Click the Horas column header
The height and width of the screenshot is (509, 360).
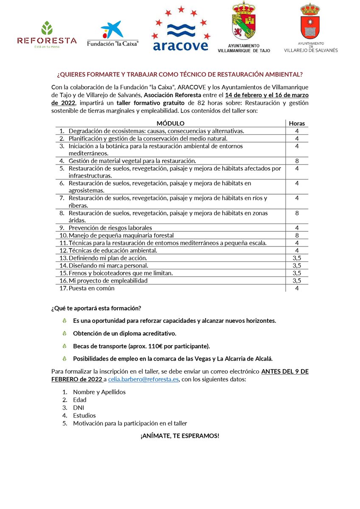pyautogui.click(x=297, y=123)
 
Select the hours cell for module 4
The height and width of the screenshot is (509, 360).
pyautogui.click(x=297, y=161)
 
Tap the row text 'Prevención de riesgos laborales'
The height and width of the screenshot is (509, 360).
pyautogui.click(x=110, y=228)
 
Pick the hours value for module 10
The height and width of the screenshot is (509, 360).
pyautogui.click(x=297, y=235)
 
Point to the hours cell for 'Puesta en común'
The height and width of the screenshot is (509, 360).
pyautogui.click(x=297, y=288)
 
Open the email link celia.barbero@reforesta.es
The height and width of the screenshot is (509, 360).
pyautogui.click(x=144, y=379)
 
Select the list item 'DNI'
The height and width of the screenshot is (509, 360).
pyautogui.click(x=78, y=408)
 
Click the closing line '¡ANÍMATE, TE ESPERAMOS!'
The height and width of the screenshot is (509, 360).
pyautogui.click(x=180, y=436)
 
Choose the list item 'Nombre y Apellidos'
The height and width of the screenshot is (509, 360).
pyautogui.click(x=99, y=392)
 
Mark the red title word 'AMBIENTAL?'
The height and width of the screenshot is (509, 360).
pyautogui.click(x=285, y=74)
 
